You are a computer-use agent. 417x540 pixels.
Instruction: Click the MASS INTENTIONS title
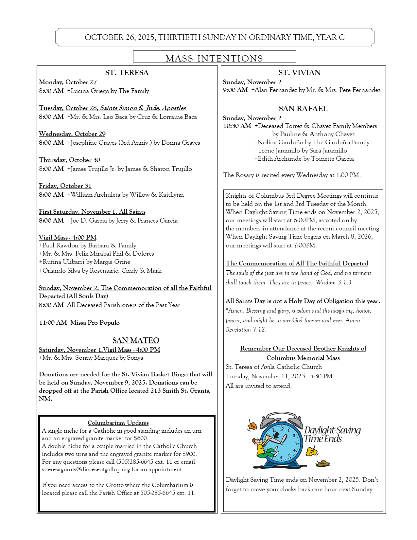click(214, 58)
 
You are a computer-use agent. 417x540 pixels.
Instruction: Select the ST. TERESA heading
click(127, 73)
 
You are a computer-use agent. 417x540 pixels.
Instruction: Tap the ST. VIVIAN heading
click(300, 73)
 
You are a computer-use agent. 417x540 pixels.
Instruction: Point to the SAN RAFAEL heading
click(303, 109)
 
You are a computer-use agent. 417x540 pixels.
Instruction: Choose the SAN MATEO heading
click(136, 340)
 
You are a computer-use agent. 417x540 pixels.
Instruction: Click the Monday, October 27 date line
click(68, 82)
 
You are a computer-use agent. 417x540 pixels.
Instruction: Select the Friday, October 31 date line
click(65, 186)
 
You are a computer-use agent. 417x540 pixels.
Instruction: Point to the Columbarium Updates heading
click(118, 423)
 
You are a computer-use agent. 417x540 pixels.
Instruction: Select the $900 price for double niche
click(188, 454)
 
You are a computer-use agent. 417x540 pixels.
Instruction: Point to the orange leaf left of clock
click(252, 425)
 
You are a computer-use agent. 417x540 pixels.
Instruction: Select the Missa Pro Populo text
click(95, 323)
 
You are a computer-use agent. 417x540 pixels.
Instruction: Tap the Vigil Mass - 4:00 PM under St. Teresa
click(68, 238)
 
